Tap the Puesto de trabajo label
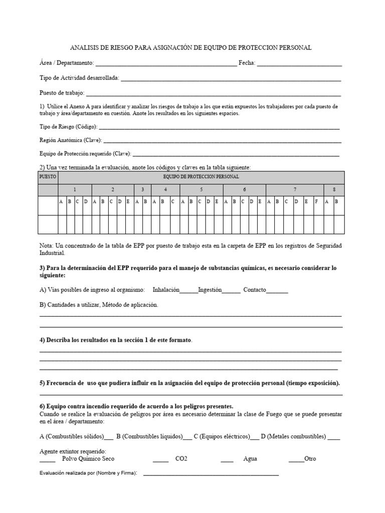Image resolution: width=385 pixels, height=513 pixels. pos(62,93)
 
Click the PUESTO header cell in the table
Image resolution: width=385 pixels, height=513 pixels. pos(48,177)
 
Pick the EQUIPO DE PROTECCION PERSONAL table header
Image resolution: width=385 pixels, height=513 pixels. pos(201,177)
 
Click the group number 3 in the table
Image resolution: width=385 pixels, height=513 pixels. pos(143,190)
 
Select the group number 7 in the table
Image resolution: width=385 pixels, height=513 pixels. pos(295,190)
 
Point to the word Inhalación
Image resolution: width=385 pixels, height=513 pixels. pos(165,290)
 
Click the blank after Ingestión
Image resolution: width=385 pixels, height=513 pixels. pos(231,291)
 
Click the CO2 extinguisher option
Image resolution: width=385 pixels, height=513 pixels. pos(181,459)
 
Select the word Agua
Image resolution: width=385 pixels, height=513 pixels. pos(250,459)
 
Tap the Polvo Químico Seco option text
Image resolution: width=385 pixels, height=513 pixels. pos(88,459)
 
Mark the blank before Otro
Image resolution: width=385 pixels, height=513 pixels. pos(296,460)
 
